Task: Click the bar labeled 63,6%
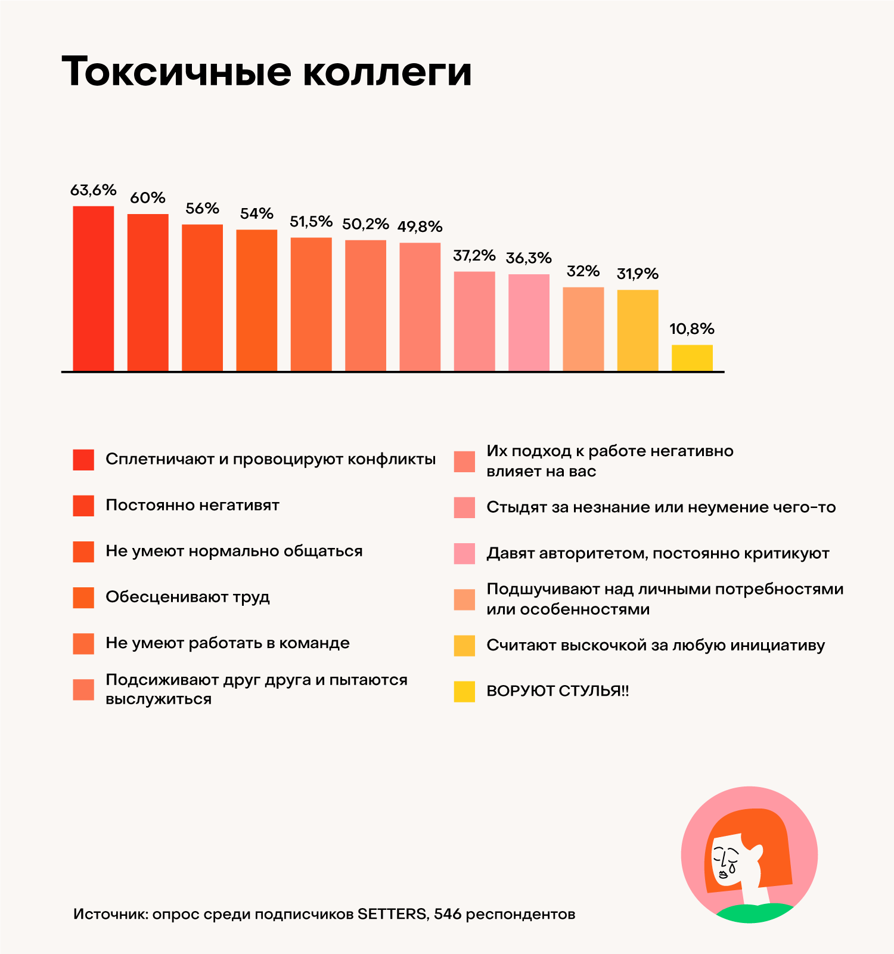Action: tap(93, 289)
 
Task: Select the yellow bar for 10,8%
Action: tap(692, 358)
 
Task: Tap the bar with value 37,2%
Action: tap(474, 321)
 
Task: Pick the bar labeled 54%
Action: tap(256, 301)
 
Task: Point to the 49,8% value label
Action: tap(420, 227)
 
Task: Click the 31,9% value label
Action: tap(637, 274)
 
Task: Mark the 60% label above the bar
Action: tap(147, 198)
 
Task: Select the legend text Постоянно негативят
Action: tap(192, 505)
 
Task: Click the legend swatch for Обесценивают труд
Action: tap(83, 597)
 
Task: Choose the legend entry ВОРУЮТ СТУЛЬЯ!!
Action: tap(557, 691)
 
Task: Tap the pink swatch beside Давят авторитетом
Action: tap(464, 553)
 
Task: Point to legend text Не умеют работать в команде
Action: tap(227, 643)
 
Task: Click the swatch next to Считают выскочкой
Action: tap(464, 645)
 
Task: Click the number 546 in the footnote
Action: tap(447, 914)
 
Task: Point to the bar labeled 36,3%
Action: tap(529, 323)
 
